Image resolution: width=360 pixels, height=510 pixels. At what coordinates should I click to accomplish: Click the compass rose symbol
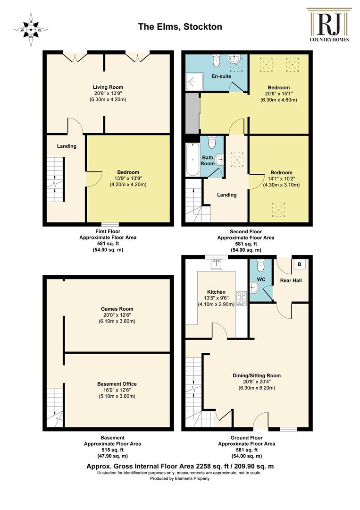pyautogui.click(x=31, y=29)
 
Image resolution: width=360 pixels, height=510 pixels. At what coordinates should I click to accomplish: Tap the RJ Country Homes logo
pyautogui.click(x=329, y=25)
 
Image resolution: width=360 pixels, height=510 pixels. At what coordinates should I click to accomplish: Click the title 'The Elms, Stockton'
pyautogui.click(x=180, y=26)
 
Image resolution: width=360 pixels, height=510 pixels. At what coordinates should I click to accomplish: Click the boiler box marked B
pyautogui.click(x=300, y=264)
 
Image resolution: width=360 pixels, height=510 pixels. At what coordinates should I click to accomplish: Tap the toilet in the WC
pyautogui.click(x=261, y=265)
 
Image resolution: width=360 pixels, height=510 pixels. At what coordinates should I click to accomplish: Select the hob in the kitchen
pyautogui.click(x=242, y=298)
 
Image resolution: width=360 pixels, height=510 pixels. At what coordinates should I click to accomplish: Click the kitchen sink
pyautogui.click(x=217, y=264)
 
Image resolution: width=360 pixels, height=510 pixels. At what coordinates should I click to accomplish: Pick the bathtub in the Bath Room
pyautogui.click(x=193, y=160)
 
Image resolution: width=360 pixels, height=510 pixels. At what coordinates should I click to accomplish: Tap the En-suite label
pyautogui.click(x=221, y=76)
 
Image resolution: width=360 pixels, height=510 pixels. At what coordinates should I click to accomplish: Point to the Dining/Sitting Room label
pyautogui.click(x=257, y=375)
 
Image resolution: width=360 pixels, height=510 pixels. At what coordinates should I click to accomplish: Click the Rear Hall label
pyautogui.click(x=291, y=280)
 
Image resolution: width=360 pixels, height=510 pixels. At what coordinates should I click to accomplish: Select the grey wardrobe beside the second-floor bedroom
pyautogui.click(x=192, y=113)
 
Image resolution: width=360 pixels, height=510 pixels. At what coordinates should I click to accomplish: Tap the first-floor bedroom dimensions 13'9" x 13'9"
pyautogui.click(x=128, y=178)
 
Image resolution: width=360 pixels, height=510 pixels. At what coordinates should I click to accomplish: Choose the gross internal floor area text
pyautogui.click(x=180, y=466)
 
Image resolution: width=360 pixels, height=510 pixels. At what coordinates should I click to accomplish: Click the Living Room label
pyautogui.click(x=108, y=87)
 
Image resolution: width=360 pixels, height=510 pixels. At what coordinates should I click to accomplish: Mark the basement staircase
pyautogui.click(x=55, y=408)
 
